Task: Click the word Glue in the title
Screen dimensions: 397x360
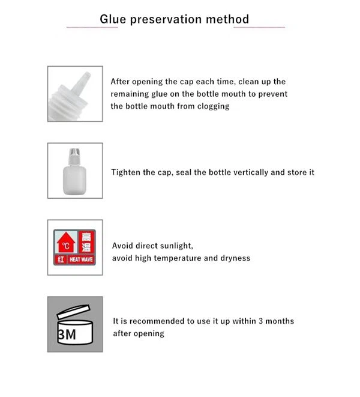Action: click(x=112, y=19)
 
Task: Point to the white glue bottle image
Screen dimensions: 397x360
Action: click(x=75, y=171)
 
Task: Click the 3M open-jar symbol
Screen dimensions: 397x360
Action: click(x=75, y=324)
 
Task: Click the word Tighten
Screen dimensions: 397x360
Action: click(x=127, y=172)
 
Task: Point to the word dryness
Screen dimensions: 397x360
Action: click(x=235, y=258)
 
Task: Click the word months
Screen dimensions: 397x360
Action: click(x=278, y=321)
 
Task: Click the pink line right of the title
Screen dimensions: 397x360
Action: click(x=259, y=27)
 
